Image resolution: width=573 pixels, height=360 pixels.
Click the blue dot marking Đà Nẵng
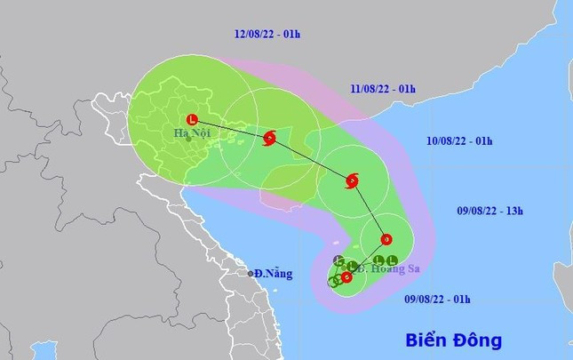click(x=250, y=273)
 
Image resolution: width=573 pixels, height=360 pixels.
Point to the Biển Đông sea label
click(x=452, y=339)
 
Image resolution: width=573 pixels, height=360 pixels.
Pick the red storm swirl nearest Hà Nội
click(x=270, y=138)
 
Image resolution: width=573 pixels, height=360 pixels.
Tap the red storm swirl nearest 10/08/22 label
click(x=351, y=181)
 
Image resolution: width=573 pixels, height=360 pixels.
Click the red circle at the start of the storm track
click(x=346, y=276)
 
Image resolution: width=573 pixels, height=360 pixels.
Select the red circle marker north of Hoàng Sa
click(x=386, y=238)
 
